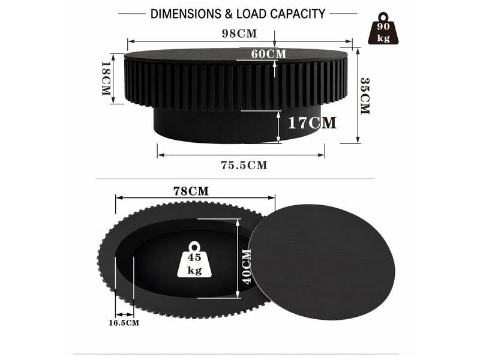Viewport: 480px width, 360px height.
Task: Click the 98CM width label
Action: coord(239,34)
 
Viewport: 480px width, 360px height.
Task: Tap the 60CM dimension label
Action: coord(269,54)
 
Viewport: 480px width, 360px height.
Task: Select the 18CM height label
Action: coord(106,79)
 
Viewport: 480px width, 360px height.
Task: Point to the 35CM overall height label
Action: coord(365,96)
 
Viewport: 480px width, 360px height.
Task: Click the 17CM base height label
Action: coord(312,123)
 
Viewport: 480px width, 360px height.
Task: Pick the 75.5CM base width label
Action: coord(244,166)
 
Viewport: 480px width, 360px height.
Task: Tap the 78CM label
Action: coord(191,191)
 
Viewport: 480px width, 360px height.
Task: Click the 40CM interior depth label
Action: coord(247,266)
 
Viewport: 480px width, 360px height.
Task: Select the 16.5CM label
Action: coord(124,323)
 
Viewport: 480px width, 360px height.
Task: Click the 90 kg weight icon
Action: coord(383,29)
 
